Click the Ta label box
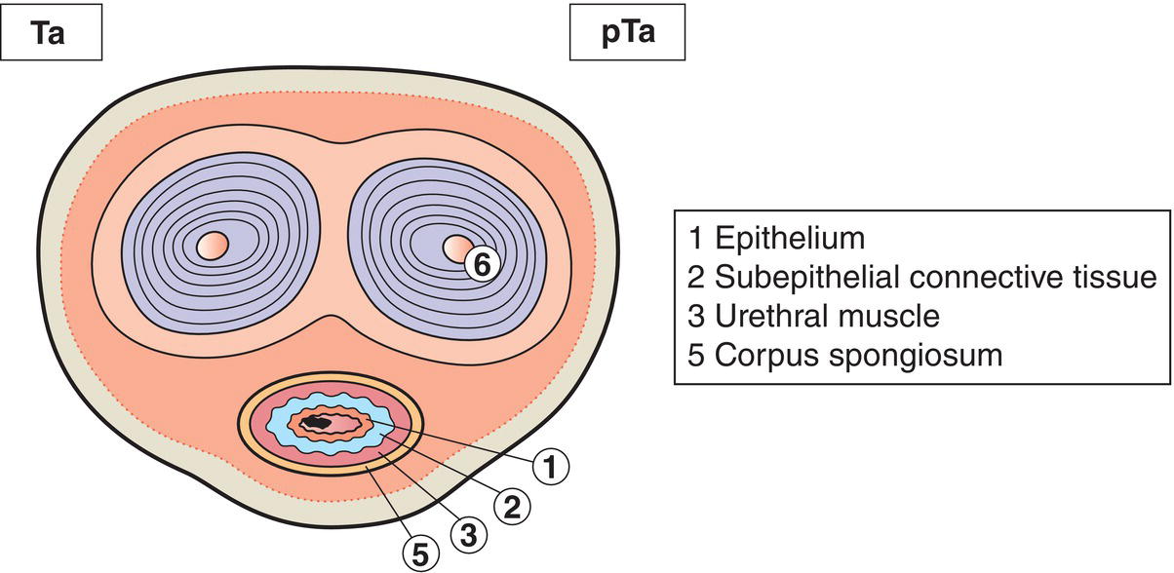pos(52,38)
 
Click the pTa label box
pos(628,38)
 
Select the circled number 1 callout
pos(551,469)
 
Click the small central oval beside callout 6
pos(455,248)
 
